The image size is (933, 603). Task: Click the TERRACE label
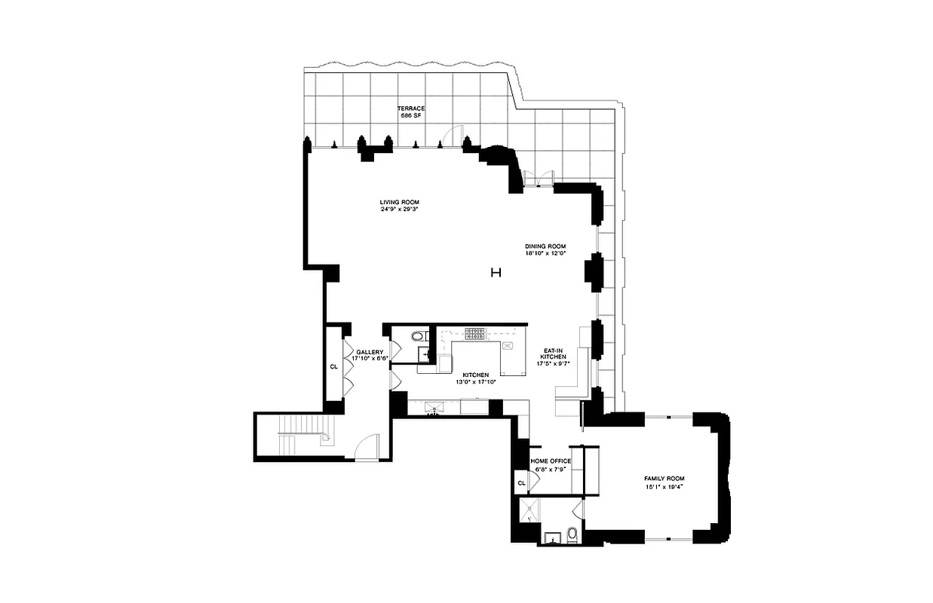tap(413, 109)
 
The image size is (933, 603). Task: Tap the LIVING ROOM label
tap(399, 202)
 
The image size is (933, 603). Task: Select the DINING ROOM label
tap(545, 246)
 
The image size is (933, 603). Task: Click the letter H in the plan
tap(496, 273)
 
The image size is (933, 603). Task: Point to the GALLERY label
tap(370, 352)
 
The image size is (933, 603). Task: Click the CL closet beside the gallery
tap(333, 367)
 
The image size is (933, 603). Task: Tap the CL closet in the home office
tap(520, 482)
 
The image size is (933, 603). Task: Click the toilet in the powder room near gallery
tap(417, 336)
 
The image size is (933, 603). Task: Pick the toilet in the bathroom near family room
tap(572, 535)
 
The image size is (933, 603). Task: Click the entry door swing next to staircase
tap(367, 448)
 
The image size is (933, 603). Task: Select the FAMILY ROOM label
tap(664, 479)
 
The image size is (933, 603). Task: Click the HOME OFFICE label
tap(551, 461)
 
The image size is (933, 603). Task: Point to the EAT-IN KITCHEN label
tap(554, 354)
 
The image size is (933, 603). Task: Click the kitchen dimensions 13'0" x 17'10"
tap(476, 381)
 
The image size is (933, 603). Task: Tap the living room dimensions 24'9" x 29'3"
tap(399, 210)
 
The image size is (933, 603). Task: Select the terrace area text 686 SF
tap(413, 116)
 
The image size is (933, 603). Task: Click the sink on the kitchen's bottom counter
tap(433, 408)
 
